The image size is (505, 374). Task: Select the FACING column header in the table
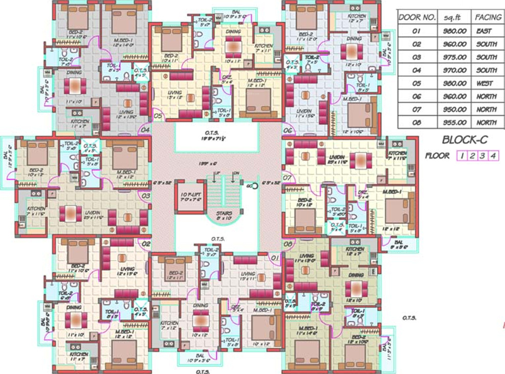(x=487, y=17)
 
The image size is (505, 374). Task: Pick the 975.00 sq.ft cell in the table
(x=454, y=57)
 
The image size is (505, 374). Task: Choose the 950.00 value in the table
(x=454, y=109)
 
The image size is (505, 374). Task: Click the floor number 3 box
(x=483, y=156)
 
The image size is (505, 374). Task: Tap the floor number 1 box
(x=462, y=156)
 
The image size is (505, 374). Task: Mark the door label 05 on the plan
(x=158, y=116)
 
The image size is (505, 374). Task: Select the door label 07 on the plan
(x=287, y=178)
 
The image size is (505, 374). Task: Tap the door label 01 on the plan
(x=276, y=258)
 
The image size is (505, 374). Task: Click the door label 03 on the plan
(x=146, y=196)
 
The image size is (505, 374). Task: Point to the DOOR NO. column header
(x=417, y=17)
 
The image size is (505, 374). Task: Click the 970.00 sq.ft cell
(x=454, y=70)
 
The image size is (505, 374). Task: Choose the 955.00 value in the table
(x=454, y=122)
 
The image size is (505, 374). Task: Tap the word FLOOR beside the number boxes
(x=437, y=156)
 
